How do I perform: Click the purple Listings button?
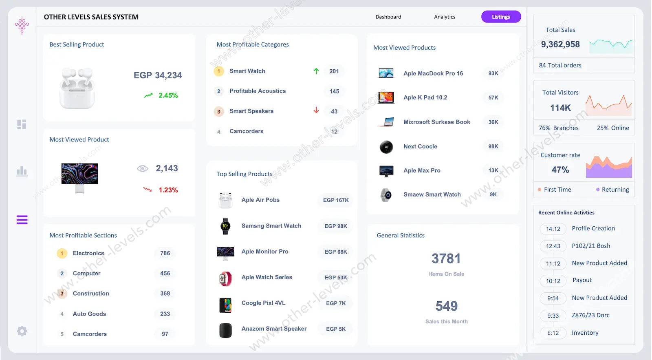501,17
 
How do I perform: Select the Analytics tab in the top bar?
445,17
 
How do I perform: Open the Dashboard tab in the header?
388,17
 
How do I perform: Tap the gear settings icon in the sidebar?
22,331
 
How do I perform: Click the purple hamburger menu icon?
22,220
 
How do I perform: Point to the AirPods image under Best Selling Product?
77,88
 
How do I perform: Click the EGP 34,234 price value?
158,75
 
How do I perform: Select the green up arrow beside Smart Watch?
316,71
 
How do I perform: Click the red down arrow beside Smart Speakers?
316,110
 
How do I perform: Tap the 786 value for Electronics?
165,253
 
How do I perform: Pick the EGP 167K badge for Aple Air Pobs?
336,200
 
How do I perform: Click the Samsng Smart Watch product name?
271,226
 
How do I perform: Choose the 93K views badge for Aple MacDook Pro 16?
493,73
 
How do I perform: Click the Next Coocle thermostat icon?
386,147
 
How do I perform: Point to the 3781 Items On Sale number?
446,258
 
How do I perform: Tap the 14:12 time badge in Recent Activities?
553,229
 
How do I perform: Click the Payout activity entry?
582,280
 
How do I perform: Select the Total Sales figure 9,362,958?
560,44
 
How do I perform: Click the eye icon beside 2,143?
143,168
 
